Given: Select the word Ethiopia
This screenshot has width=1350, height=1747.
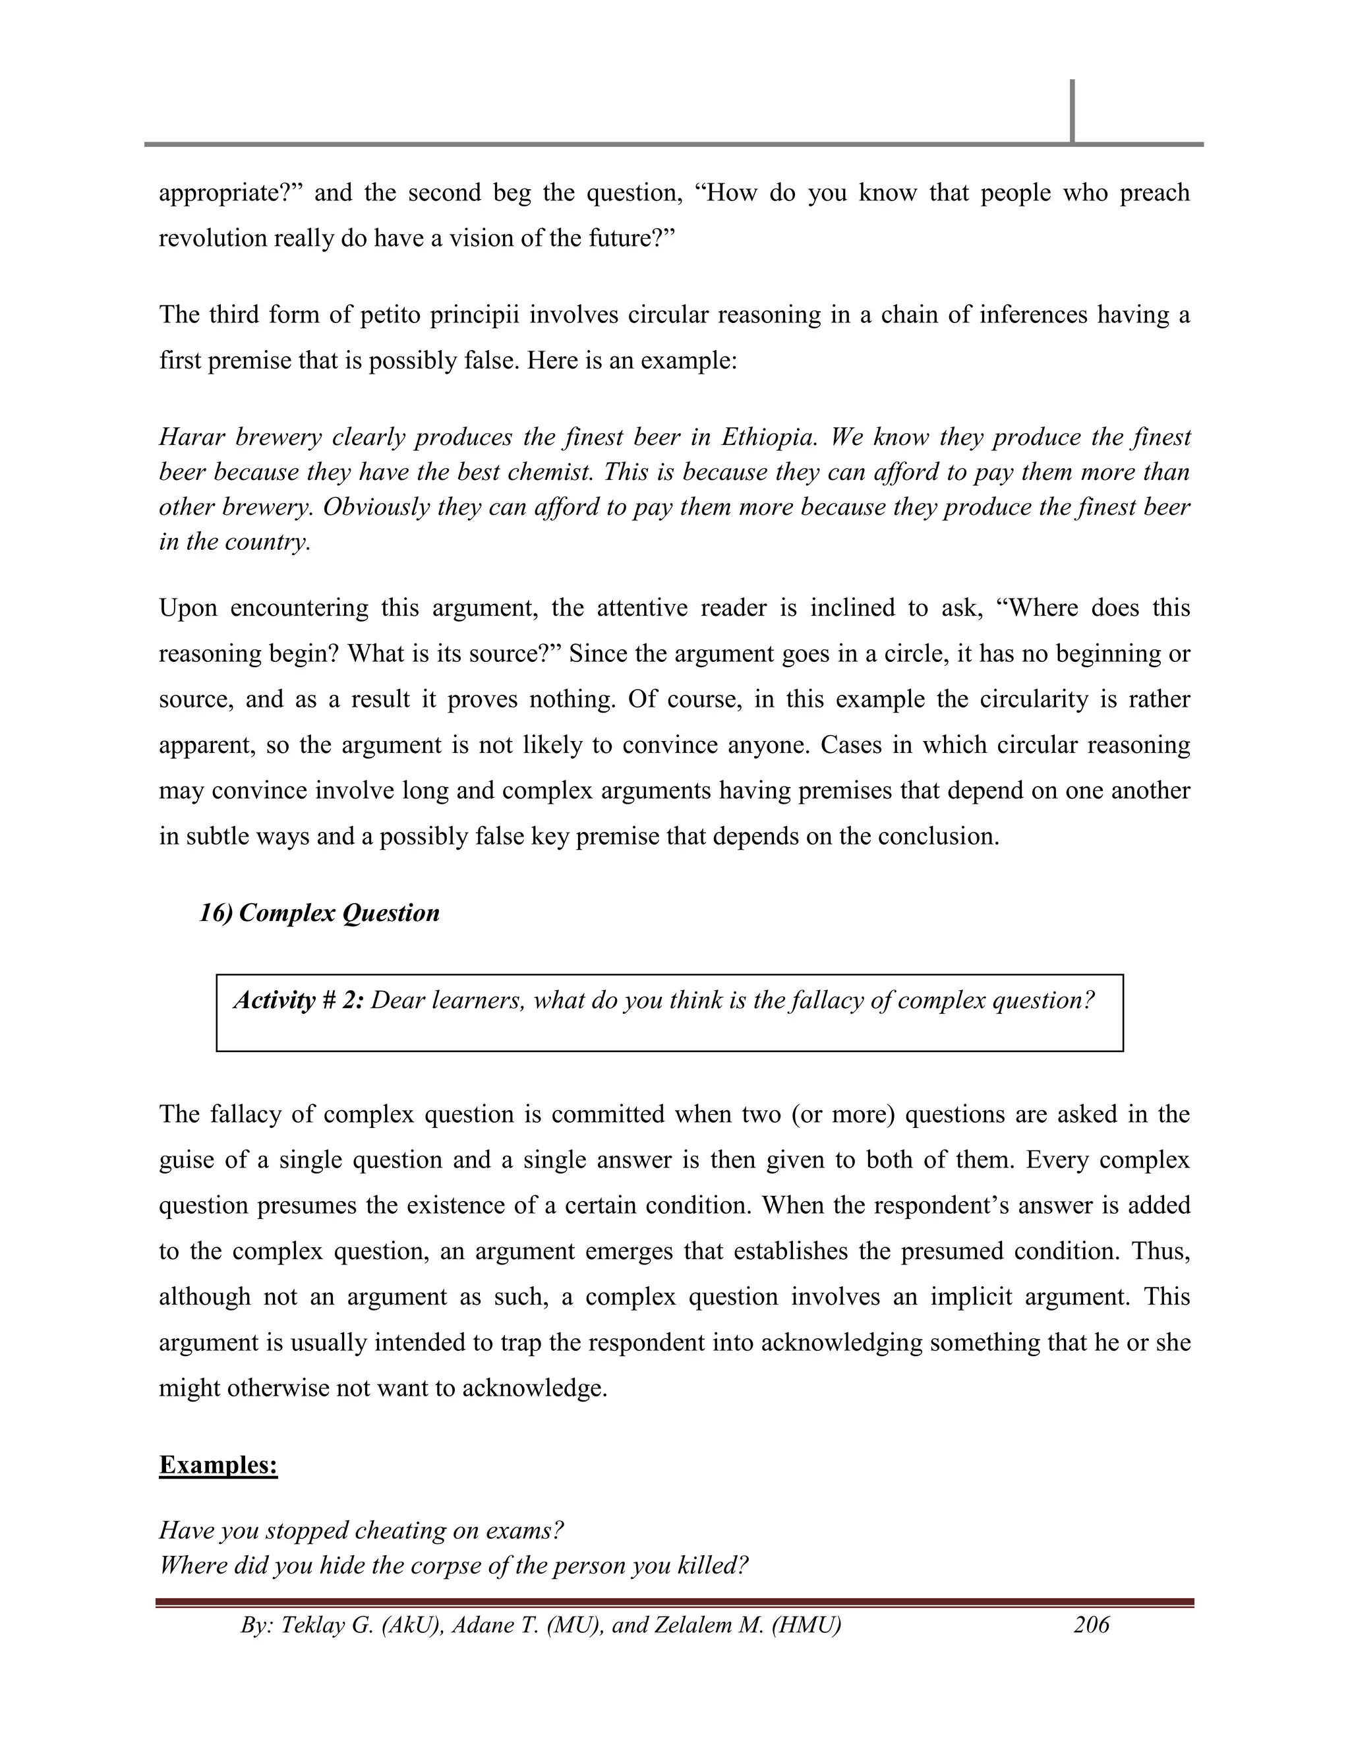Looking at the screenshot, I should click(x=768, y=438).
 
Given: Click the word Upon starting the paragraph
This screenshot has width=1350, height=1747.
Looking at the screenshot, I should click(x=187, y=608).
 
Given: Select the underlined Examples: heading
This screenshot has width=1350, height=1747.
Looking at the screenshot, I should click(x=218, y=1465).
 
